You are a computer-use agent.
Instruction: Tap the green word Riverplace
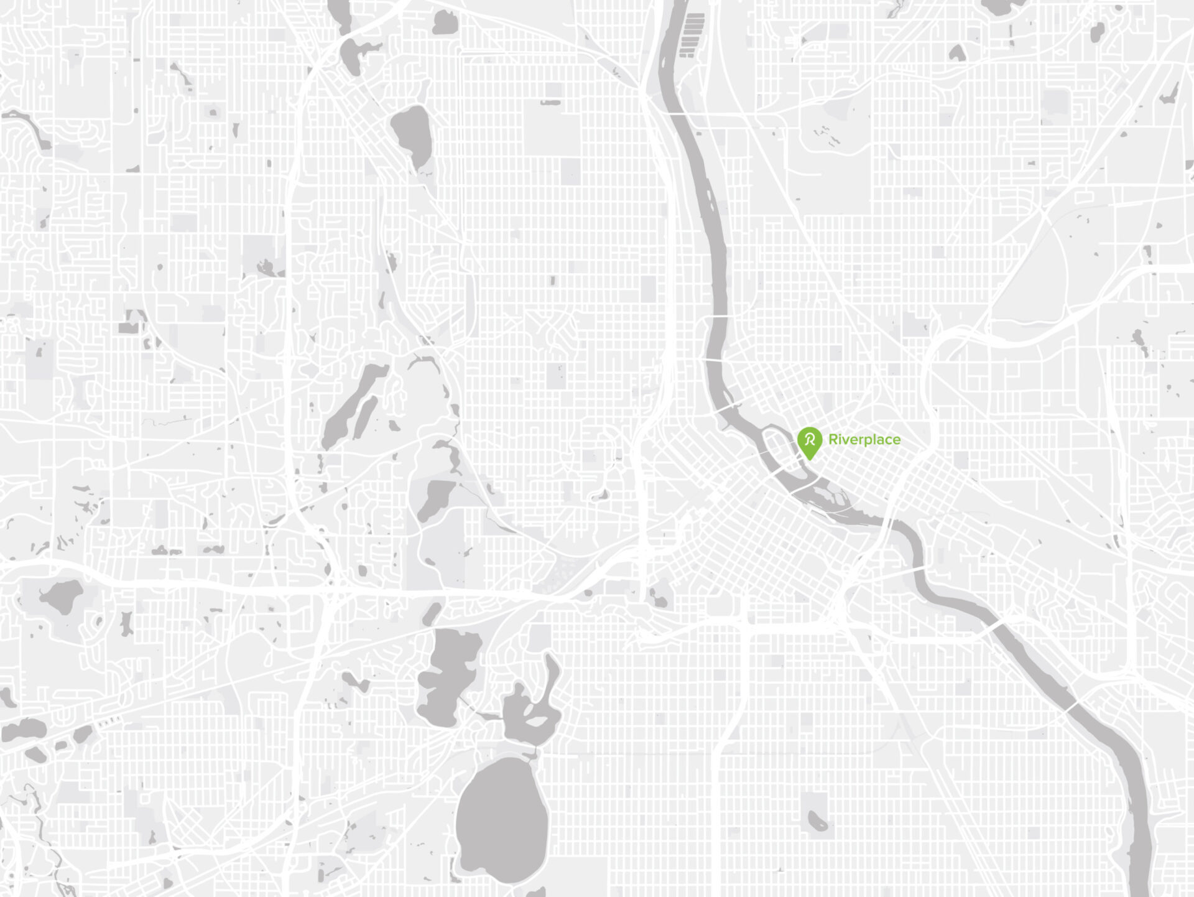pyautogui.click(x=864, y=440)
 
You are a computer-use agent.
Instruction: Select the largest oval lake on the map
pyautogui.click(x=501, y=820)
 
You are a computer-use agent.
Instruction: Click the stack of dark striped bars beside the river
pyautogui.click(x=692, y=35)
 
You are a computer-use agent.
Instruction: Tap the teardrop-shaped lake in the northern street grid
pyautogui.click(x=412, y=134)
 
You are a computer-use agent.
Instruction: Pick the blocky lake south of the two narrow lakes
pyautogui.click(x=435, y=498)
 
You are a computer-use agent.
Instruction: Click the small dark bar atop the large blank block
pyautogui.click(x=550, y=102)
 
